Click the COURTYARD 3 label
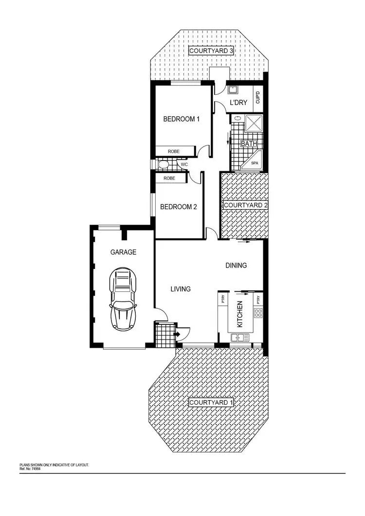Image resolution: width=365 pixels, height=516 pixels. click(x=211, y=51)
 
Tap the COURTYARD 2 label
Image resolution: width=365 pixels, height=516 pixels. click(x=246, y=206)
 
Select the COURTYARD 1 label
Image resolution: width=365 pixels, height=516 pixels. click(x=211, y=403)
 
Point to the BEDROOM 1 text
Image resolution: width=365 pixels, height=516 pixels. click(x=182, y=119)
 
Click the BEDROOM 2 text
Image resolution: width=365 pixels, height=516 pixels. click(x=179, y=207)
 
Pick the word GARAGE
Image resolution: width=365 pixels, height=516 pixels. click(x=123, y=252)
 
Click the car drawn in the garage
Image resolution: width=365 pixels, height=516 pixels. click(x=124, y=300)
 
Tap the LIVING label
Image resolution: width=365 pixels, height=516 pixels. click(x=180, y=289)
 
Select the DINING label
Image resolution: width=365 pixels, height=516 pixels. click(x=236, y=266)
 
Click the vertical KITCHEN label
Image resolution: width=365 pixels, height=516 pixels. click(x=239, y=315)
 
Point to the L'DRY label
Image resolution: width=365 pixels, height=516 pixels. click(x=238, y=103)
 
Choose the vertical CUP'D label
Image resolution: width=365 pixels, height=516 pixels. click(x=258, y=96)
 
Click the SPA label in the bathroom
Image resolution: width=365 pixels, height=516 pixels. click(x=255, y=163)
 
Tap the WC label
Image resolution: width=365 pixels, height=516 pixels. click(x=184, y=165)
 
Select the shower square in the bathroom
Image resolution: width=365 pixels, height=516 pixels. click(x=255, y=124)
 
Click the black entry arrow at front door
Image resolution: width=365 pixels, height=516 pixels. click(x=178, y=334)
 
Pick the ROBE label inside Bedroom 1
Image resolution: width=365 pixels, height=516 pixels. click(x=174, y=152)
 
